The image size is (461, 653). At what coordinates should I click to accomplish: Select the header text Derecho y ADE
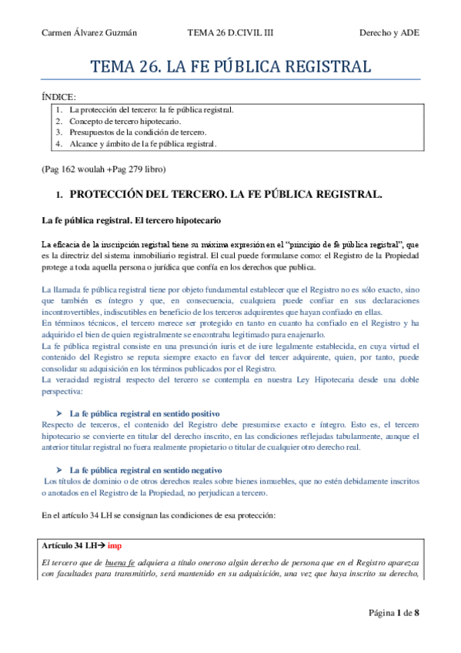(390, 32)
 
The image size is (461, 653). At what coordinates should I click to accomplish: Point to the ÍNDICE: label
(58, 97)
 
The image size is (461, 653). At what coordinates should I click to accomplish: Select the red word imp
(115, 545)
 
